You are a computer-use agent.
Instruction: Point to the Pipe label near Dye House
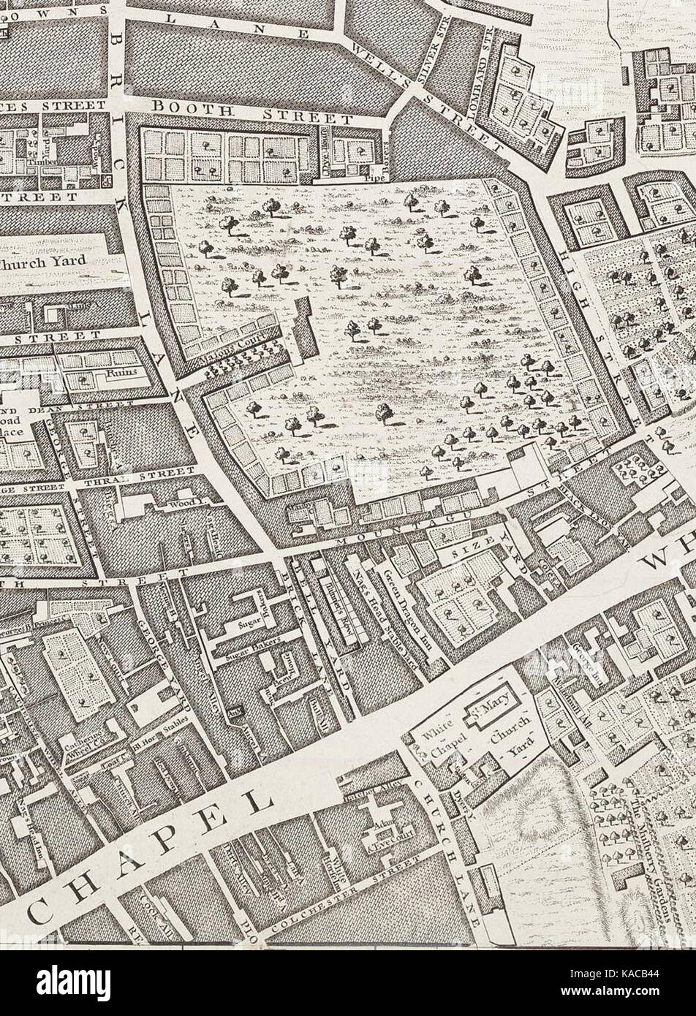pos(376,176)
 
